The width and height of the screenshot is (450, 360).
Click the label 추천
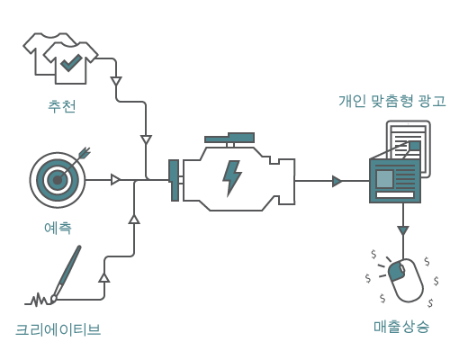point(61,106)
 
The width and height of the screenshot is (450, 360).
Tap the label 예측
point(58,228)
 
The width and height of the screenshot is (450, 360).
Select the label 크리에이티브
point(58,329)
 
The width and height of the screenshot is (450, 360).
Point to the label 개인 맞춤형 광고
point(391,101)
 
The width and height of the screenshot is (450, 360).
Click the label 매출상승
point(401,326)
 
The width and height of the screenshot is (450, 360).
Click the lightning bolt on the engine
point(232,177)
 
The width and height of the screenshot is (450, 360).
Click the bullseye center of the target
point(57,180)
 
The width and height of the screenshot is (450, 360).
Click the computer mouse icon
point(405,280)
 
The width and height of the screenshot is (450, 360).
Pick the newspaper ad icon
point(396,171)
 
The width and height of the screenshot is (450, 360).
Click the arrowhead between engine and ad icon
point(337,181)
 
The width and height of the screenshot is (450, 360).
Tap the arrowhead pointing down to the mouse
point(402,231)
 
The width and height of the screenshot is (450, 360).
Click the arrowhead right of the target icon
point(115,180)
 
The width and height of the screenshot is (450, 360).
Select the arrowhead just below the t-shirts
point(115,82)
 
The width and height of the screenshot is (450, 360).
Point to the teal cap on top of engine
point(229,139)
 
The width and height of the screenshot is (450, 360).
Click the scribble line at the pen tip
point(39,299)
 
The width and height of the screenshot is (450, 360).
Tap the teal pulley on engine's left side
point(175,180)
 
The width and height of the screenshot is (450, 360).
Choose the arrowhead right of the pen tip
point(103,277)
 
